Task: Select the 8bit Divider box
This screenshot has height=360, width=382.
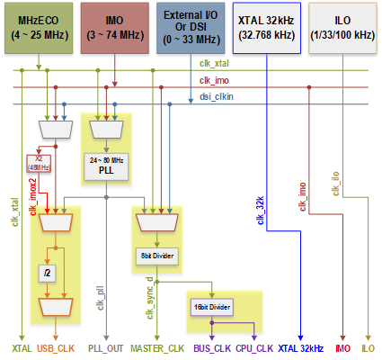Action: coord(158,256)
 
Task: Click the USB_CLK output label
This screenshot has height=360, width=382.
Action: coord(56,346)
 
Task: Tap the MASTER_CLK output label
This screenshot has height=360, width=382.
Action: coord(158,346)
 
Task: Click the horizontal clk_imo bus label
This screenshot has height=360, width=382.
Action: coord(213,80)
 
